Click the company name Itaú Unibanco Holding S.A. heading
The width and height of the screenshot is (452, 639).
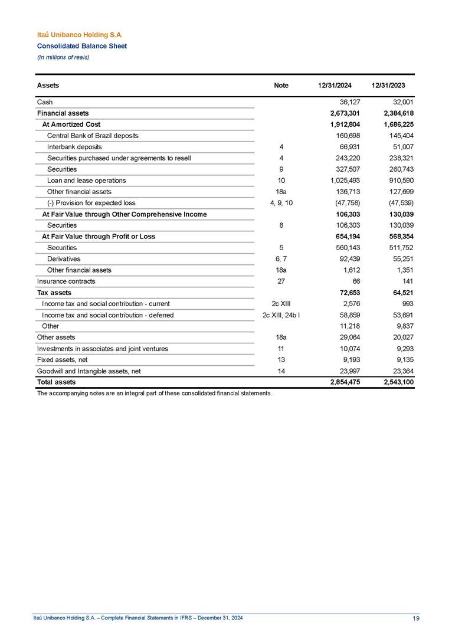pyautogui.click(x=80, y=35)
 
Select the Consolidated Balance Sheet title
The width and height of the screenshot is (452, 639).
pyautogui.click(x=81, y=46)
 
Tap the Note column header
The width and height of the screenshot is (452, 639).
pyautogui.click(x=281, y=86)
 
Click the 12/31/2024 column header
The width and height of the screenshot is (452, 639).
pyautogui.click(x=335, y=86)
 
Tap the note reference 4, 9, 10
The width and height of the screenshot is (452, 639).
pyautogui.click(x=281, y=203)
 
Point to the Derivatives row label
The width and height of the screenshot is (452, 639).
pyautogui.click(x=64, y=259)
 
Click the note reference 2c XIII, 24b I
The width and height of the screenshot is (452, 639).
pyautogui.click(x=281, y=315)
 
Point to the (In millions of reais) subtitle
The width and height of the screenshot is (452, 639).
pyautogui.click(x=64, y=57)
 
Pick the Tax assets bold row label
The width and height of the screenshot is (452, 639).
pyautogui.click(x=54, y=293)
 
